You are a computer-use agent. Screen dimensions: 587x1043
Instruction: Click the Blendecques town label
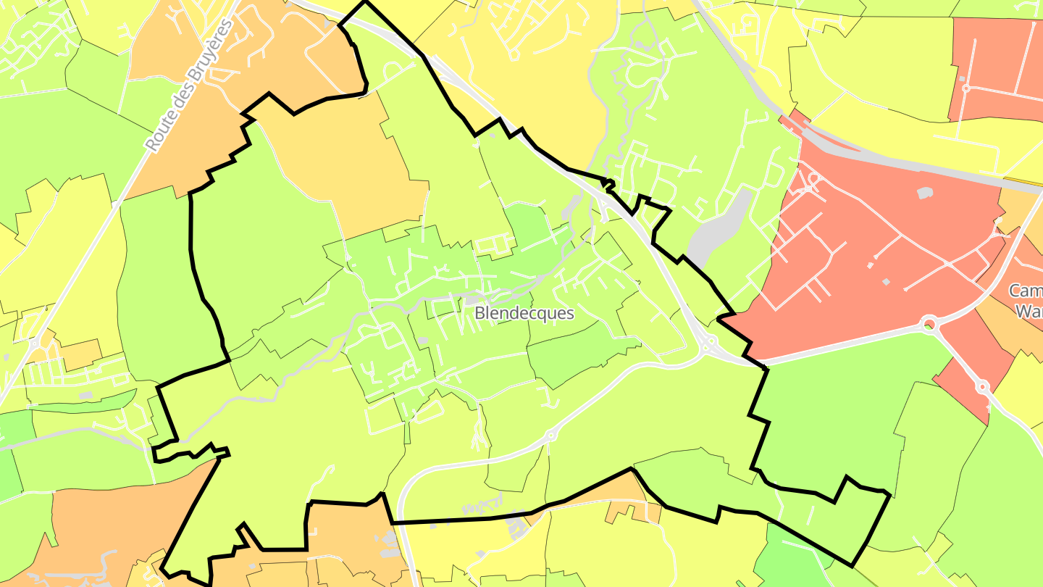524,314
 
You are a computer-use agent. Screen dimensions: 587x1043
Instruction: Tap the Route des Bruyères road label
189,86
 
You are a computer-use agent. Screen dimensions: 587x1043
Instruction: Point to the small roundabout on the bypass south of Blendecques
550,436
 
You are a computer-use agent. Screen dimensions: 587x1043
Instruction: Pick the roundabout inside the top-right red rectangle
965,88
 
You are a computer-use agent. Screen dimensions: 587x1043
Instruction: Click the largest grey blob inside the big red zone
923,193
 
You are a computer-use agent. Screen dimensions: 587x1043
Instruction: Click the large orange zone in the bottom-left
94,529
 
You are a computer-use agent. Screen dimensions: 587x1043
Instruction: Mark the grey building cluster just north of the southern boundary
519,523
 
